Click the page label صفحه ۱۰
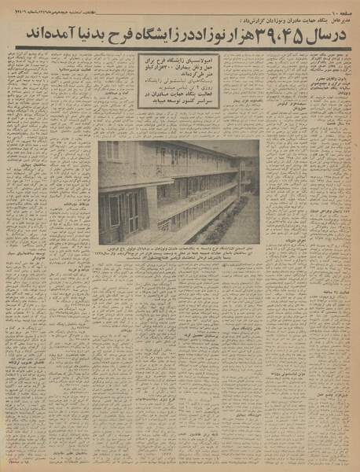coord(334,7)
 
